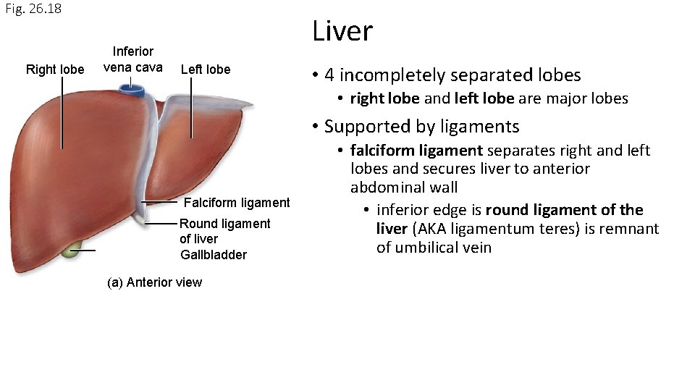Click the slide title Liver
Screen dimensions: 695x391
342,31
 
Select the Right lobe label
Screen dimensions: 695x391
55,70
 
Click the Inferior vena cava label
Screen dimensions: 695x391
132,59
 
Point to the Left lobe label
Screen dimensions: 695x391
206,70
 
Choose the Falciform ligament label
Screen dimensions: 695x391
237,203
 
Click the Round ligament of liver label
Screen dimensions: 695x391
224,231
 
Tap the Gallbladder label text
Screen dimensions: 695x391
214,255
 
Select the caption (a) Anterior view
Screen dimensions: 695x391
154,282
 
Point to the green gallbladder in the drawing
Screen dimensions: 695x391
70,251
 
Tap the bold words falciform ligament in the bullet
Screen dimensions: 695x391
416,151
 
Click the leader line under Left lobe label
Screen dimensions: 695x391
192,108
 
